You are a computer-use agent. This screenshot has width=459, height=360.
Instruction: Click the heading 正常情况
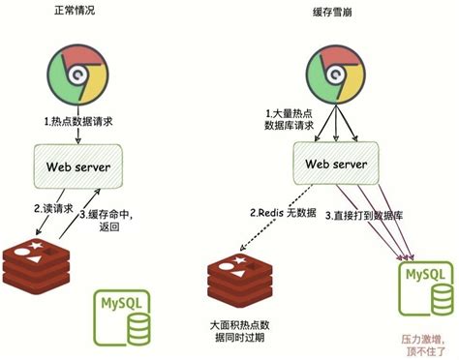click(x=75, y=15)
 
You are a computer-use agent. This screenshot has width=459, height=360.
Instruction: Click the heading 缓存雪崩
click(x=328, y=15)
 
